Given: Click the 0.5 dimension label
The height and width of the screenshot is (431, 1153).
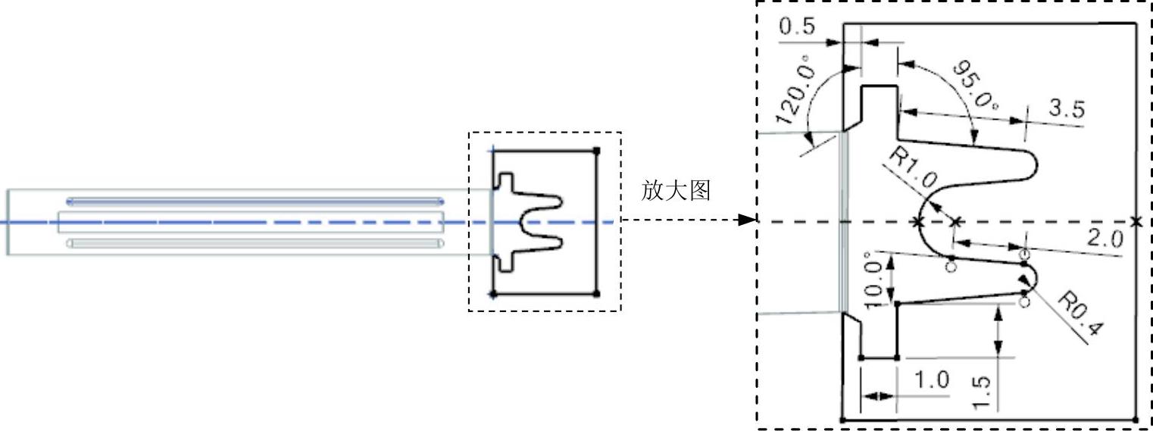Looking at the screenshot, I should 796,27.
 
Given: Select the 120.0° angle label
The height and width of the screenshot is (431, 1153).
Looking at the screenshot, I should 796,94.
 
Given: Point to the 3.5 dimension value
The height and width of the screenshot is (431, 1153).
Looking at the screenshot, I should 1066,109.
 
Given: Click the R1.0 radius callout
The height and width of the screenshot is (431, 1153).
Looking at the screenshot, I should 913,172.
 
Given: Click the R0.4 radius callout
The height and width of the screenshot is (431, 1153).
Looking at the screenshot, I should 1080,314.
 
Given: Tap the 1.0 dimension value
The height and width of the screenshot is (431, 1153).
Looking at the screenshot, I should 931,381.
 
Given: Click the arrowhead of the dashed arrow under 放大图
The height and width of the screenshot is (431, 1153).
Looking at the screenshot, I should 748,220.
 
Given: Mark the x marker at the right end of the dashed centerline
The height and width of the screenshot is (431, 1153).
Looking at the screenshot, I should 1136,221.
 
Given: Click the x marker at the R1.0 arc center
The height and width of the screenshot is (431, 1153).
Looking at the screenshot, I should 956,221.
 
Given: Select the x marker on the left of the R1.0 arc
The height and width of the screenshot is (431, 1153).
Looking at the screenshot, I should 918,222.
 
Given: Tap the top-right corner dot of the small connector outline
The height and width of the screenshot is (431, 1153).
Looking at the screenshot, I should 597,151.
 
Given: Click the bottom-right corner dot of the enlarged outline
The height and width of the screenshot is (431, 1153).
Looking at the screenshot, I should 1135,419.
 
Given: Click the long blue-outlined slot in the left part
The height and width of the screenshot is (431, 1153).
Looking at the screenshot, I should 255,201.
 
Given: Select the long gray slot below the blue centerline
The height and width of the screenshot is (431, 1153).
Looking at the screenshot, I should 255,243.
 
